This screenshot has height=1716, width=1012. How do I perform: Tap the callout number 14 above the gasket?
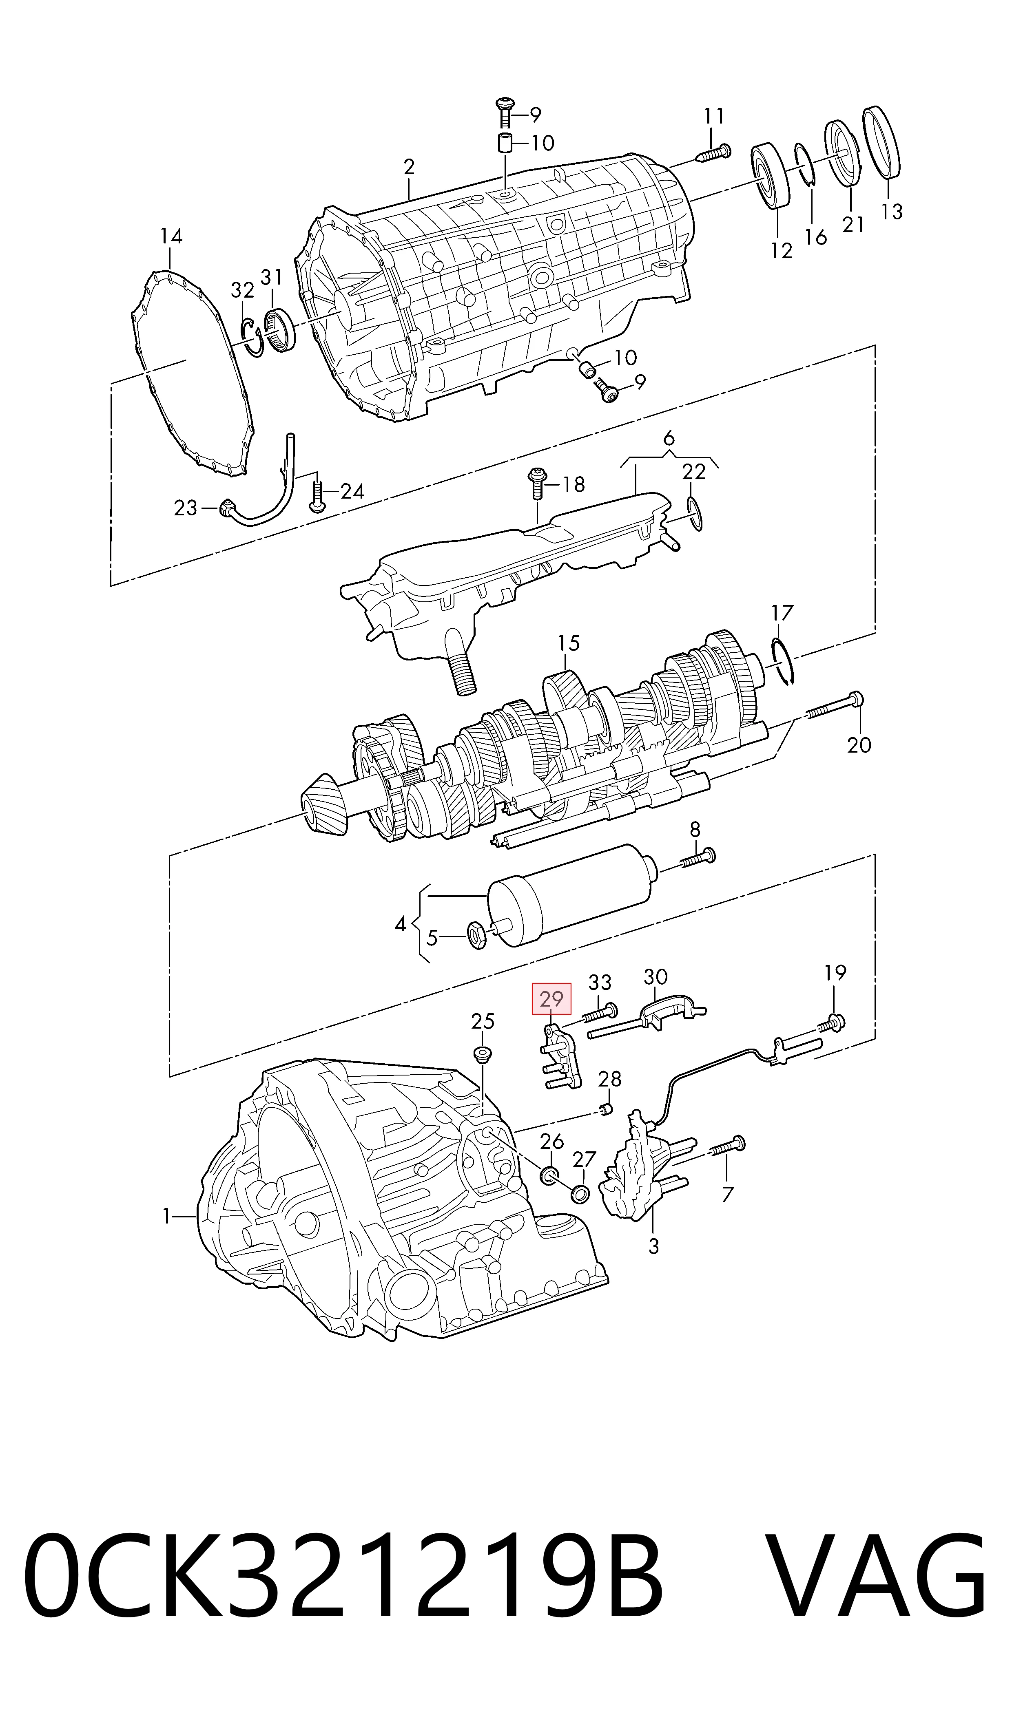(171, 236)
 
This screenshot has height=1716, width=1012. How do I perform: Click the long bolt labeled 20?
(835, 706)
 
